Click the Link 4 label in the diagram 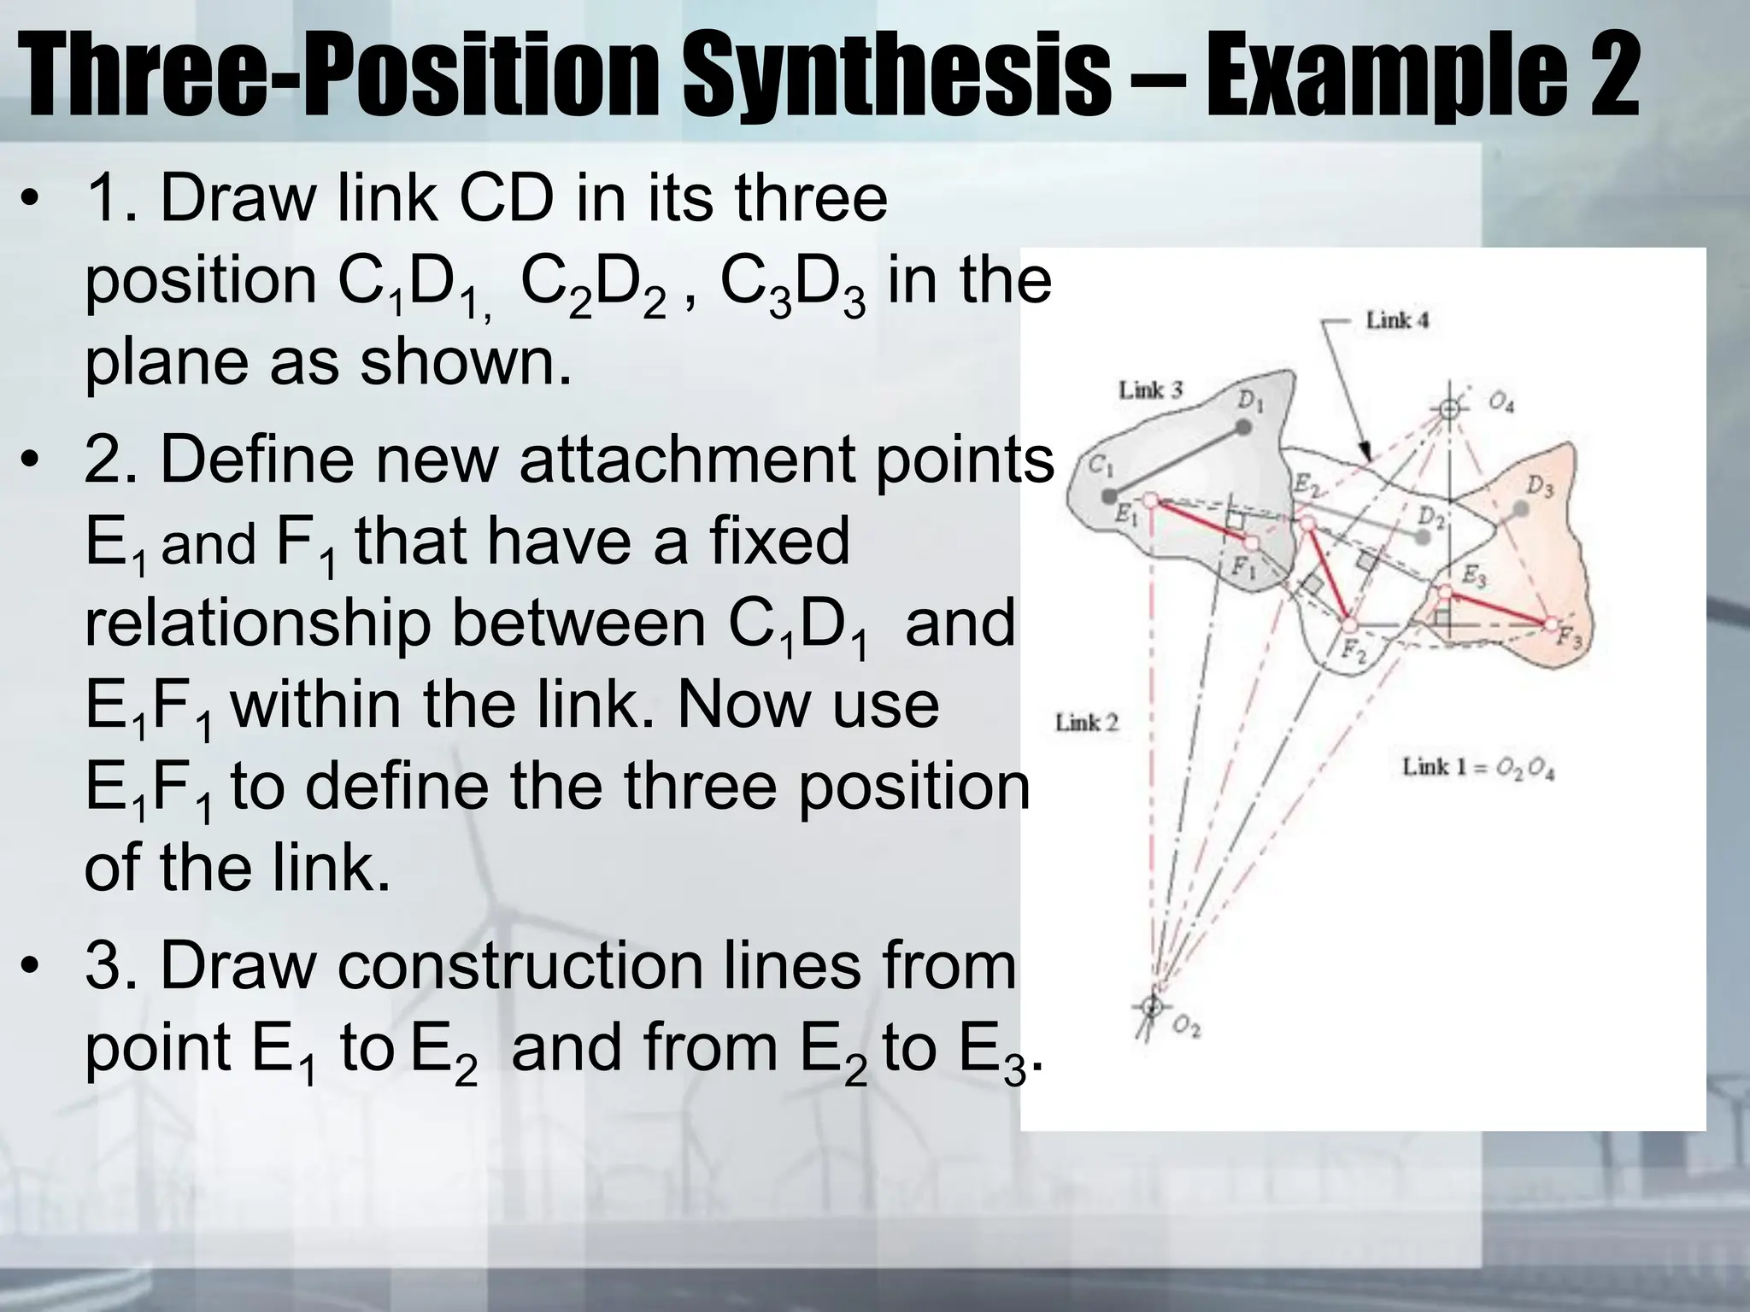pyautogui.click(x=1397, y=321)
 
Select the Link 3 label pyautogui.click(x=1150, y=390)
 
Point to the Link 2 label pyautogui.click(x=1086, y=723)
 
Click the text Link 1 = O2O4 pyautogui.click(x=1477, y=767)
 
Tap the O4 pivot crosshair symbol pyautogui.click(x=1448, y=409)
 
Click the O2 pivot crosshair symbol pyautogui.click(x=1151, y=1006)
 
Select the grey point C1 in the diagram pyautogui.click(x=1109, y=495)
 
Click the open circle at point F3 pyautogui.click(x=1551, y=624)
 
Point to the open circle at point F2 pyautogui.click(x=1348, y=623)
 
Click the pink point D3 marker pyautogui.click(x=1520, y=510)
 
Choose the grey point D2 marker pyautogui.click(x=1422, y=537)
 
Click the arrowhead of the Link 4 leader pyautogui.click(x=1365, y=454)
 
